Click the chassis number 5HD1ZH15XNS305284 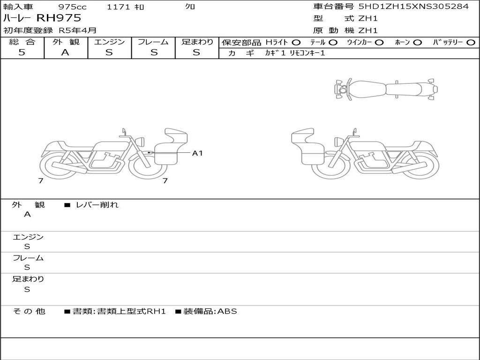pos(413,6)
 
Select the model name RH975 pos(59,18)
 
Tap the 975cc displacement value pos(72,7)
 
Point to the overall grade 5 pos(22,52)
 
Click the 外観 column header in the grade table pos(66,42)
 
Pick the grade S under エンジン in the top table pos(109,52)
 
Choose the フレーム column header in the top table pos(153,42)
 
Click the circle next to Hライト pos(296,43)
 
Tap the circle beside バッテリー pos(471,43)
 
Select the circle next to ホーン pos(418,43)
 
